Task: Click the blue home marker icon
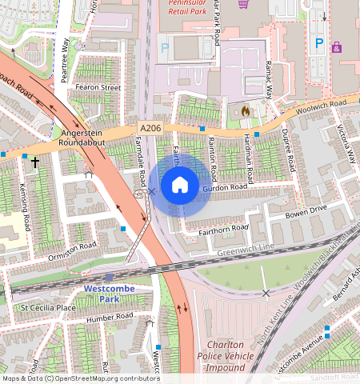(180, 186)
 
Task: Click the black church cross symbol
(34, 162)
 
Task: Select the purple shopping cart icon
(243, 4)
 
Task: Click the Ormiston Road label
(73, 245)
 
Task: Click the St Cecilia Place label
(48, 306)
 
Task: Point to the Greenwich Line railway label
(244, 251)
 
